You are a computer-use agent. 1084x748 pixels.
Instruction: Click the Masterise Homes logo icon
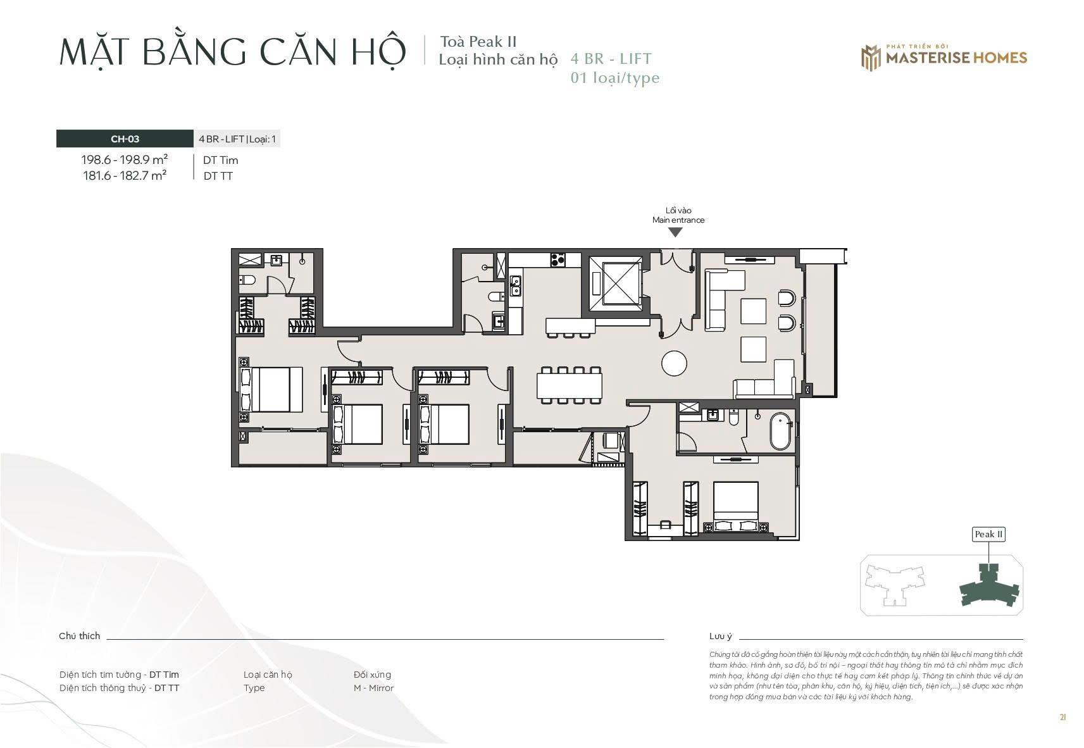871,58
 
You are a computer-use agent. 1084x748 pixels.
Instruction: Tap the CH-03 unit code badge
125,139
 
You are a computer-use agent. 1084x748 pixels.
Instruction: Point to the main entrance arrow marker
675,232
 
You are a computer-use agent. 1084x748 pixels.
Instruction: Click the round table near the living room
674,363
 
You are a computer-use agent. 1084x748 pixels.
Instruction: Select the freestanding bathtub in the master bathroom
781,431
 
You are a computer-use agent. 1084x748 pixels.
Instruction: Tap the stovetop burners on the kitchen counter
558,260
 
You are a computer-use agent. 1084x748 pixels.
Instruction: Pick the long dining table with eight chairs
570,385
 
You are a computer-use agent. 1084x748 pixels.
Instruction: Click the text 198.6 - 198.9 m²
125,159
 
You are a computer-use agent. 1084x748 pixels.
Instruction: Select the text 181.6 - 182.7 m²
125,176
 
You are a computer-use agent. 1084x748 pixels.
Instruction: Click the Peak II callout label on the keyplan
988,534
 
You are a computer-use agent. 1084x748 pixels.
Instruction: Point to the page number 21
1062,718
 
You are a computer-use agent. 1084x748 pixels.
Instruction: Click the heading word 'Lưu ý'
721,636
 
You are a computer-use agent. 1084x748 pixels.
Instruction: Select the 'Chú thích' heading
79,636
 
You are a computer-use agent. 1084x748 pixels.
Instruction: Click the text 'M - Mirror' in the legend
373,688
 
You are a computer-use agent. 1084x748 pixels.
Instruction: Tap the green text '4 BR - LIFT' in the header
611,59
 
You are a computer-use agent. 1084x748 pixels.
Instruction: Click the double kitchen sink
516,286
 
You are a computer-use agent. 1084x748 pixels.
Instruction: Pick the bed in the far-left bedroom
271,389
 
